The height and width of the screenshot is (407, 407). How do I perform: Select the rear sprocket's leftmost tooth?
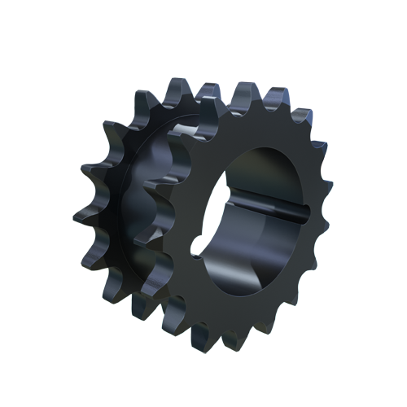81,218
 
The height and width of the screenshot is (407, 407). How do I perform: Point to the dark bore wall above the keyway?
260,175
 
